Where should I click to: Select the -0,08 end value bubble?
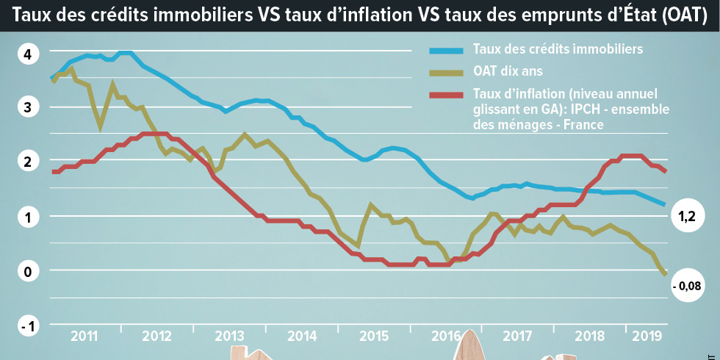[686, 286]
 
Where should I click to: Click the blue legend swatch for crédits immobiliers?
[447, 50]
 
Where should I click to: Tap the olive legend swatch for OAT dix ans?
[447, 72]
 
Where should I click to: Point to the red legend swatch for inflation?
[447, 95]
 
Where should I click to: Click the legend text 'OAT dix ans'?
[508, 72]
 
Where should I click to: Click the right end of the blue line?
[664, 204]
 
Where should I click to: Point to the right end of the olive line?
[665, 274]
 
